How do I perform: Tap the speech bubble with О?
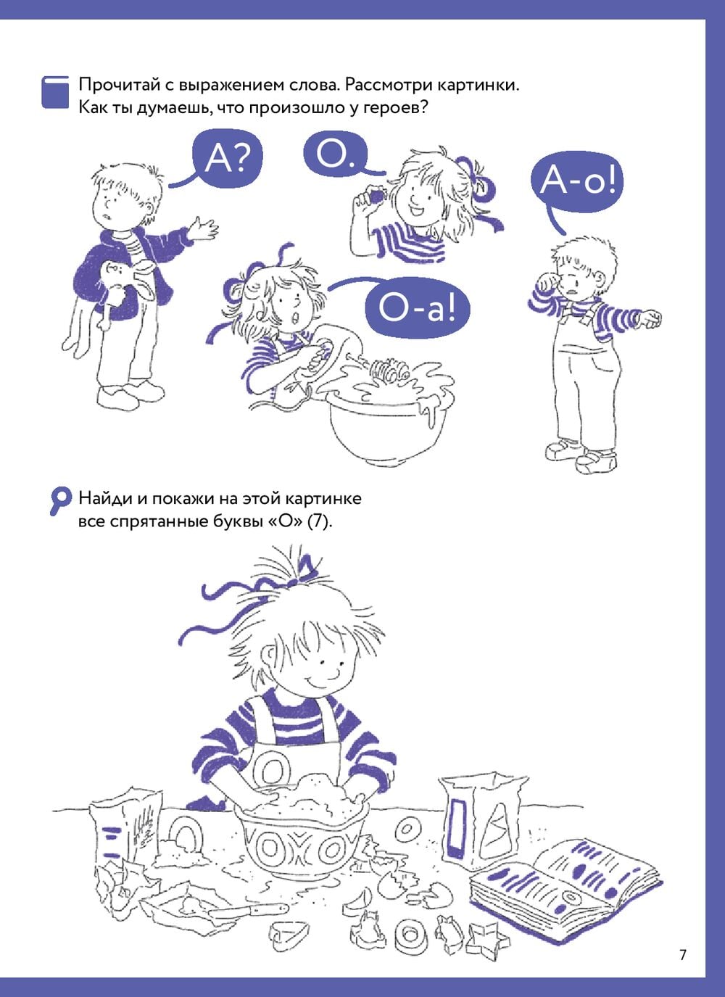click(x=336, y=156)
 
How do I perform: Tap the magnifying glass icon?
click(x=60, y=502)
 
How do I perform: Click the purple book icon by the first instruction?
click(x=55, y=92)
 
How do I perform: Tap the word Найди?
click(x=104, y=498)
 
